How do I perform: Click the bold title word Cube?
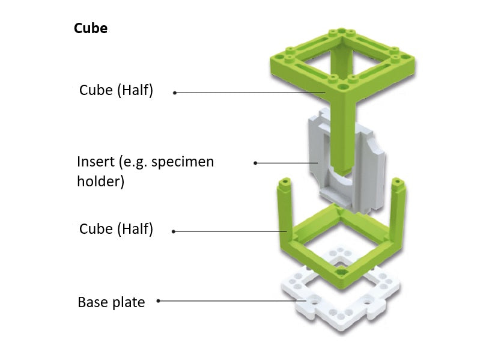91,28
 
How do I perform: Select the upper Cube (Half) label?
116,90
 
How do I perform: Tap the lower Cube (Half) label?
116,229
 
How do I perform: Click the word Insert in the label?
97,162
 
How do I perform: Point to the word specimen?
184,162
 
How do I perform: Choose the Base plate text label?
111,302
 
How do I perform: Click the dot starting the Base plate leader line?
159,301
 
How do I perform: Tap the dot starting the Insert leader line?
255,163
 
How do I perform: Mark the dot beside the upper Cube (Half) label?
175,93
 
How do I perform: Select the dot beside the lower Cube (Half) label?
174,231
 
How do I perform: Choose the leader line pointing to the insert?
288,163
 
